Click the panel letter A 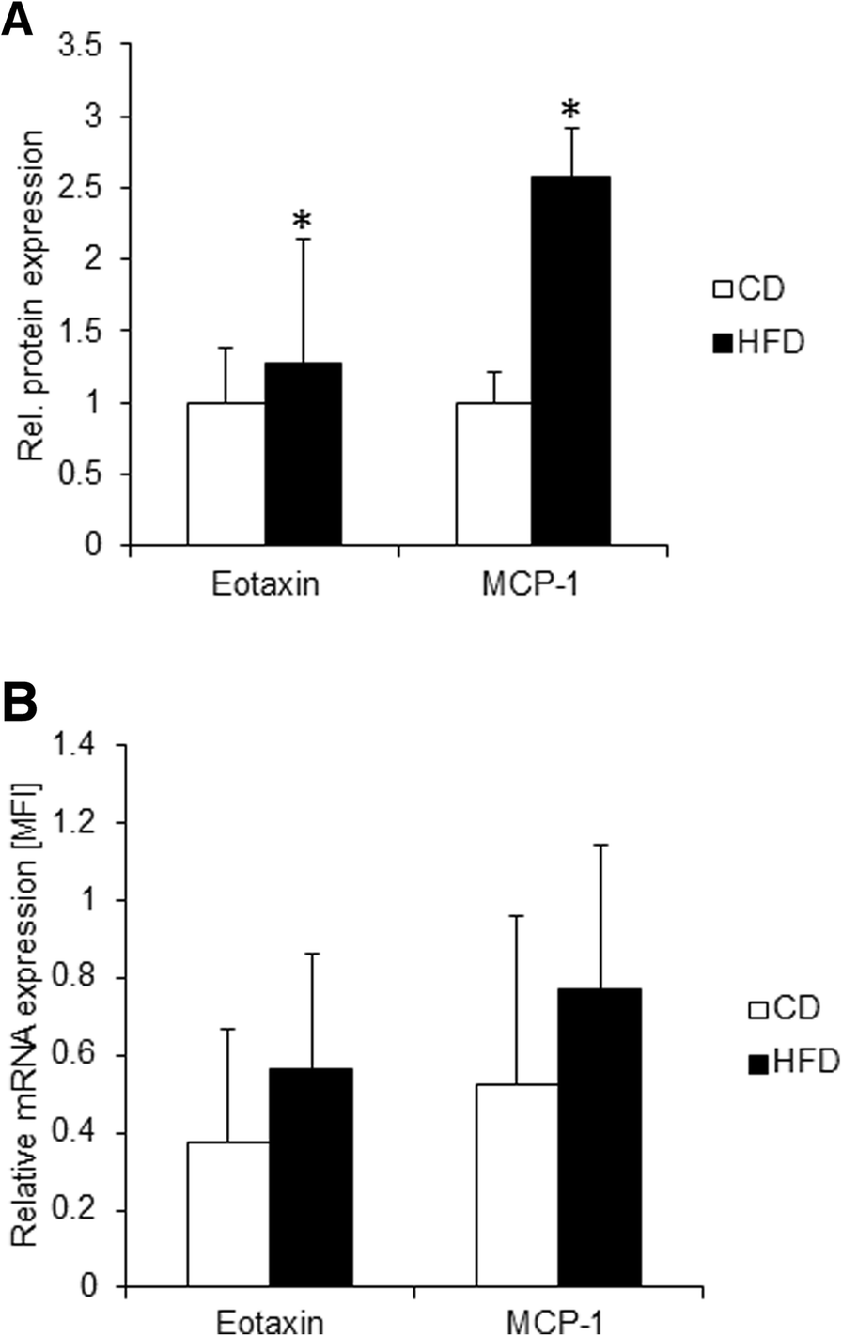(x=18, y=19)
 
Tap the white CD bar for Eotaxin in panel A (x=226, y=474)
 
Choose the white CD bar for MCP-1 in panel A (x=493, y=474)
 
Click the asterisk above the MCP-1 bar (x=570, y=112)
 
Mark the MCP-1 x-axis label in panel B (x=557, y=1323)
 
